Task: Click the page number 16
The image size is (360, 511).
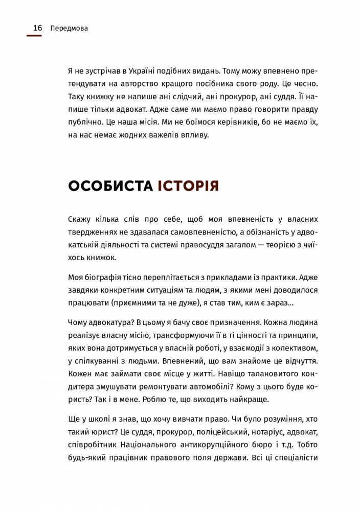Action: click(x=37, y=28)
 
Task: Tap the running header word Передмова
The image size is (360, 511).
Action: click(x=70, y=28)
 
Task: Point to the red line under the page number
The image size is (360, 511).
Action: click(x=34, y=36)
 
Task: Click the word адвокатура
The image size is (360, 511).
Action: click(x=108, y=323)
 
